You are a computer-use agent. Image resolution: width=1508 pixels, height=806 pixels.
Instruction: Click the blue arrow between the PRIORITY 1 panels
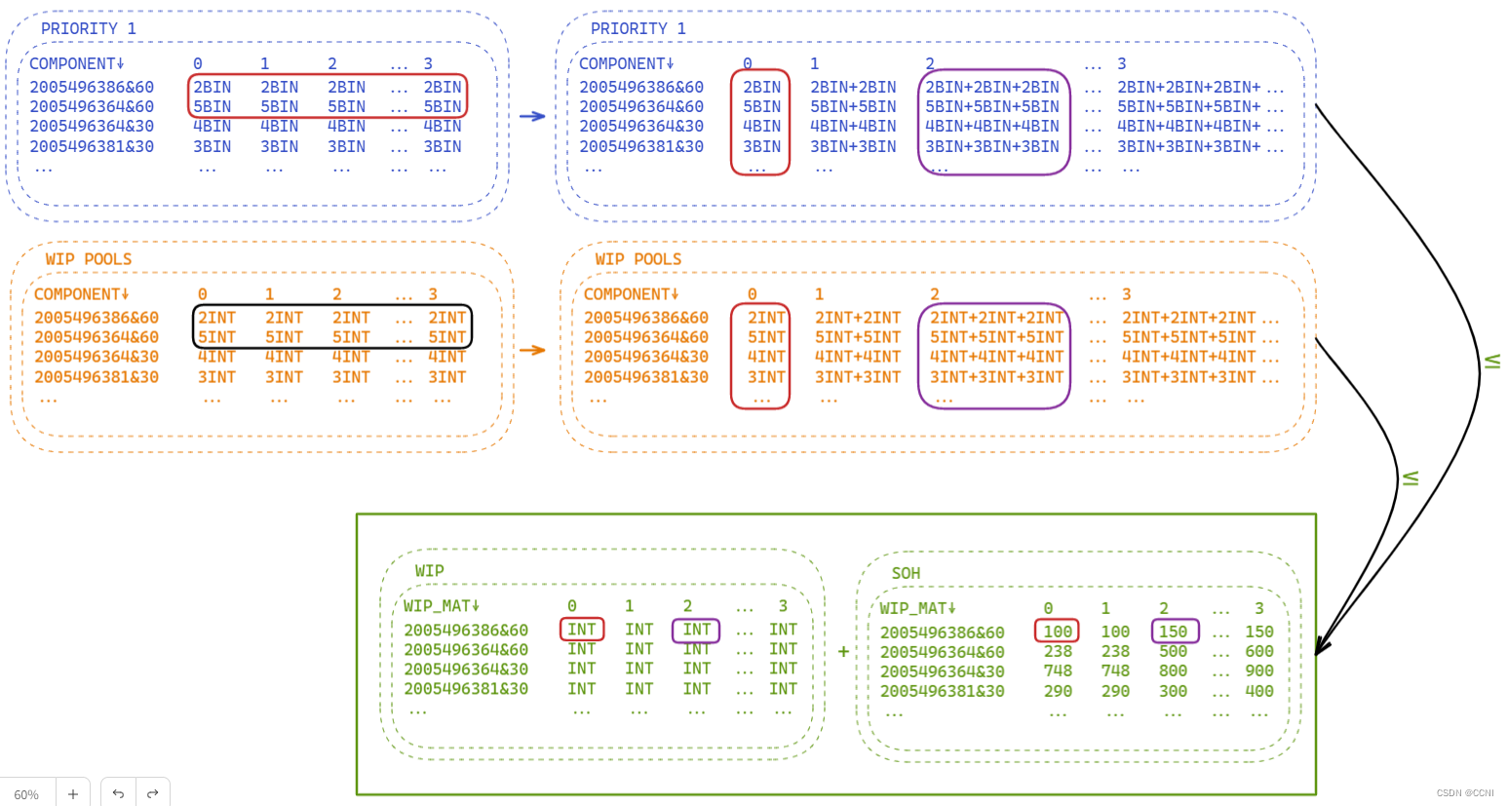tap(532, 116)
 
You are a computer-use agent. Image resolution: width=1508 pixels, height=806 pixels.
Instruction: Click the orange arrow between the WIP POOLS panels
tap(532, 350)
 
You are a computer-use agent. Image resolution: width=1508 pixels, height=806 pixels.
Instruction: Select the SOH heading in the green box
tap(906, 573)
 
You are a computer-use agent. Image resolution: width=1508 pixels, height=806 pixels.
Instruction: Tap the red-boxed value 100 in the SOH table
tap(1057, 632)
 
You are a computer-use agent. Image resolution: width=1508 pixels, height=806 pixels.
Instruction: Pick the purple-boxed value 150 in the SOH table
tap(1174, 632)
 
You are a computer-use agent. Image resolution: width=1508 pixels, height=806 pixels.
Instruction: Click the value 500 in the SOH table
tap(1173, 651)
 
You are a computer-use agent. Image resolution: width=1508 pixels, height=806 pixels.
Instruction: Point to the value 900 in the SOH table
tap(1258, 671)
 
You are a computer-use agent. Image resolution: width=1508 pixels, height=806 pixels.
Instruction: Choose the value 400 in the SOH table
tap(1258, 691)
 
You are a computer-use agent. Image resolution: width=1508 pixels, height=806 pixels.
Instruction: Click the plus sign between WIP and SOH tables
tap(843, 651)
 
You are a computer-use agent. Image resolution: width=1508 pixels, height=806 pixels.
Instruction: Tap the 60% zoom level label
tap(26, 794)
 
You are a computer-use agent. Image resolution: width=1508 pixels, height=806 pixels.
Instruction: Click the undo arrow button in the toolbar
tap(118, 793)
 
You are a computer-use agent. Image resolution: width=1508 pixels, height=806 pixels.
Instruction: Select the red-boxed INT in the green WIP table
tap(582, 630)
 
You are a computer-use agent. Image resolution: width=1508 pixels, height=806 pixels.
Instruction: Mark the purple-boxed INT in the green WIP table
tap(696, 630)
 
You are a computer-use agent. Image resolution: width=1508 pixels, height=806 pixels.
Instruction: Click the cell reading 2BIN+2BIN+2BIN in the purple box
tap(991, 87)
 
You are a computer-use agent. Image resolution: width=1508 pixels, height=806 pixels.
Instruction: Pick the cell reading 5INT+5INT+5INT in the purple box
tap(996, 337)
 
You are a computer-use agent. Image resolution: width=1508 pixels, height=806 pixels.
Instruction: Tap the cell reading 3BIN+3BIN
tap(853, 146)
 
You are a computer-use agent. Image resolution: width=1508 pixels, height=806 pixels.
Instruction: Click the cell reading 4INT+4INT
tap(858, 357)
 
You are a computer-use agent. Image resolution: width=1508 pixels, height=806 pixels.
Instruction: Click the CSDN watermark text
tap(1464, 793)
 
